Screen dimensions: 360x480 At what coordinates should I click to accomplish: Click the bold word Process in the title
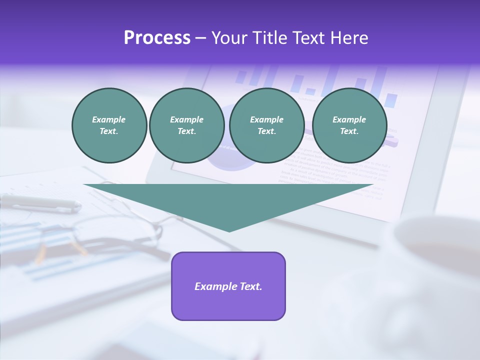point(157,37)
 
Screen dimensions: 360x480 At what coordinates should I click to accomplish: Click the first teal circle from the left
point(109,125)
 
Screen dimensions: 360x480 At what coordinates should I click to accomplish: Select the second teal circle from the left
point(186,125)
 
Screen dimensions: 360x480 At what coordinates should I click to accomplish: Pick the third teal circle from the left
point(266,125)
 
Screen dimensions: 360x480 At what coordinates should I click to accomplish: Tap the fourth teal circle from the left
point(349,125)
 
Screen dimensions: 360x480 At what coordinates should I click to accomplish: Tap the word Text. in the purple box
point(250,286)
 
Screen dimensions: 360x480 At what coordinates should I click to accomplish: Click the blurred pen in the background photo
point(40,202)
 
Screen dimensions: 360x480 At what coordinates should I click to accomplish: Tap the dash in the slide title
point(200,38)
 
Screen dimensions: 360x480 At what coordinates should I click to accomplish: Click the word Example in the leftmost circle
point(109,119)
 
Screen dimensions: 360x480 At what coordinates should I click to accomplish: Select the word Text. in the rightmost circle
point(349,131)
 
